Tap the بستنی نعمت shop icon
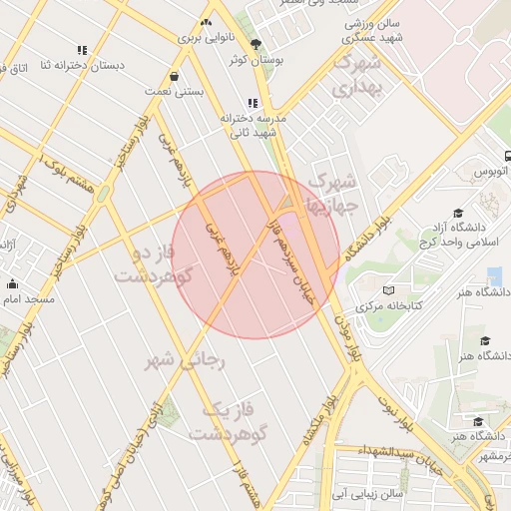coord(175,76)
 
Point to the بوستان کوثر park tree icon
coord(256,44)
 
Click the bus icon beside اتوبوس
coord(508,156)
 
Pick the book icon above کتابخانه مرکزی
coord(388,289)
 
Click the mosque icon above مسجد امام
coord(12,283)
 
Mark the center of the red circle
coord(255,255)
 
